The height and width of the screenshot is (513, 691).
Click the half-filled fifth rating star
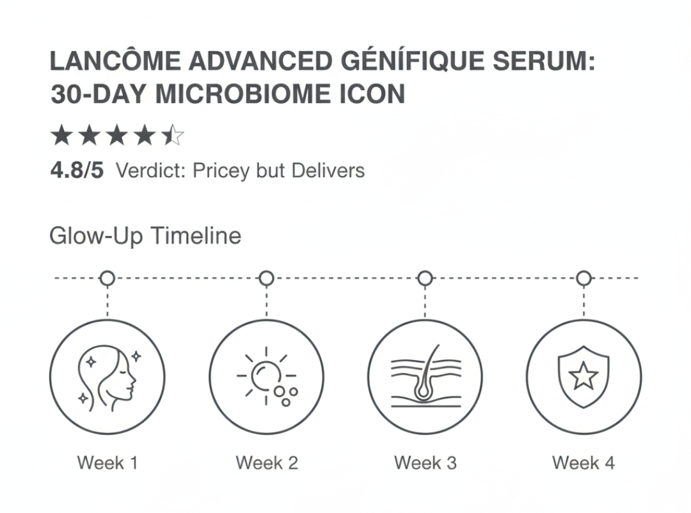(172, 136)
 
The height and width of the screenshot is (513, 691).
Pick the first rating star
(61, 136)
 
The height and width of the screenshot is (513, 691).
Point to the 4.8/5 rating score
(76, 171)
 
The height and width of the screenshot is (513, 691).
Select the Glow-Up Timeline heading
(145, 236)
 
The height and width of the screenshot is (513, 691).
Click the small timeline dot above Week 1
(107, 278)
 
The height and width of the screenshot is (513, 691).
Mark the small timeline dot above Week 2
(266, 278)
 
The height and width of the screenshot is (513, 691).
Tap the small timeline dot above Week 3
(425, 278)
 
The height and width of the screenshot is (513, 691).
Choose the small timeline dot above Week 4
(584, 278)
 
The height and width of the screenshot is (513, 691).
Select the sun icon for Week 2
(265, 376)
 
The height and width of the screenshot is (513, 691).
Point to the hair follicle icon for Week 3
(425, 377)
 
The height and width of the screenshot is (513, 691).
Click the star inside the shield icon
(584, 377)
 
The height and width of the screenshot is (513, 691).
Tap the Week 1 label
(107, 462)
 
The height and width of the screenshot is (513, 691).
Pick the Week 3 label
(425, 462)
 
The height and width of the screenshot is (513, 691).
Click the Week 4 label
(584, 462)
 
